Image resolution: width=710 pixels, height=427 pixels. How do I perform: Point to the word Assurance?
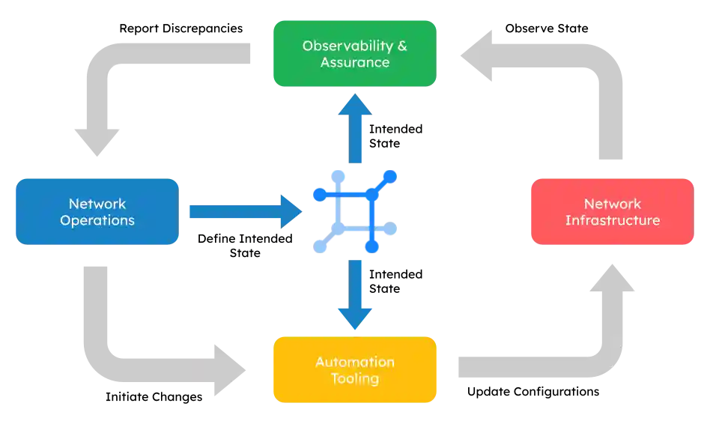point(354,62)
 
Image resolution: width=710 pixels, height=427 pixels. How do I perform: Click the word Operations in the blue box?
point(97,220)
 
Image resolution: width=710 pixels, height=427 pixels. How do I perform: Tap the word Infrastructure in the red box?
point(612,220)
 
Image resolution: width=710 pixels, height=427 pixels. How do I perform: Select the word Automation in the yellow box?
point(354,362)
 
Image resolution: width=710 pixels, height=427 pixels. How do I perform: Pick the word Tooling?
point(354,378)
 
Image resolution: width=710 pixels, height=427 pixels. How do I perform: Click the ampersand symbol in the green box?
point(402,46)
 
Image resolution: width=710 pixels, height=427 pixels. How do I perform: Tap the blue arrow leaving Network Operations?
point(243,212)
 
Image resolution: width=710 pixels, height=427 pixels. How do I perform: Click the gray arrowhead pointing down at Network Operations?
point(98,142)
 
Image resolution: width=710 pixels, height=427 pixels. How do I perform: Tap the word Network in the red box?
point(612,204)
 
